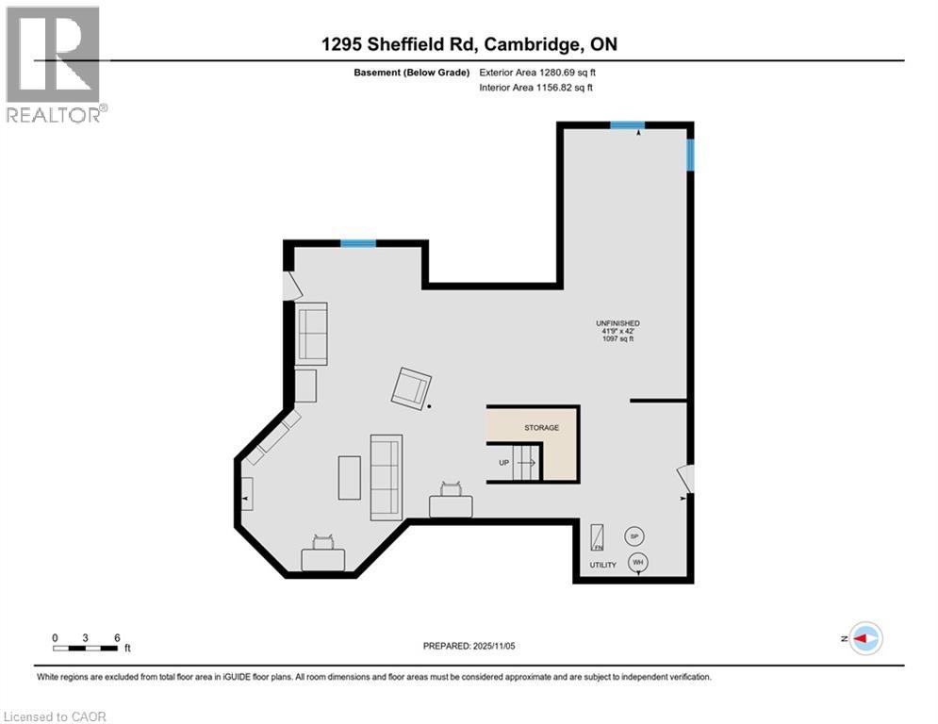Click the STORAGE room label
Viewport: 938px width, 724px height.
[x=541, y=428]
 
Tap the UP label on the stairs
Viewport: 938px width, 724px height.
[x=504, y=463]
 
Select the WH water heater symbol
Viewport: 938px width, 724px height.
[x=638, y=563]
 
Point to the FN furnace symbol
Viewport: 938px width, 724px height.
[x=598, y=536]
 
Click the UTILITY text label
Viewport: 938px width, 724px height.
[x=602, y=566]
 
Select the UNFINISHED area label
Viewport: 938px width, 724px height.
[x=618, y=323]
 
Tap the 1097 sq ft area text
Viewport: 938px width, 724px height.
[x=618, y=339]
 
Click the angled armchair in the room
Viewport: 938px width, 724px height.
[x=412, y=387]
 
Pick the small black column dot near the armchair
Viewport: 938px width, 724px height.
[x=430, y=406]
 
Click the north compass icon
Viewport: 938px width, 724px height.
[x=864, y=638]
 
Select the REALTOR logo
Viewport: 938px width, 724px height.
[x=54, y=64]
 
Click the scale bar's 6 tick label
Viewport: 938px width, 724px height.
[x=116, y=638]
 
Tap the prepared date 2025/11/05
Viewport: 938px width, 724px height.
[x=468, y=646]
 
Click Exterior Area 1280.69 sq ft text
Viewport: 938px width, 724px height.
[x=536, y=72]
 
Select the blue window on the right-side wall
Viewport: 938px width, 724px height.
[x=690, y=156]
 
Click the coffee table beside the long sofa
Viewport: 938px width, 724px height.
[x=349, y=477]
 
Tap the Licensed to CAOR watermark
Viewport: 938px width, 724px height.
[x=55, y=716]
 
